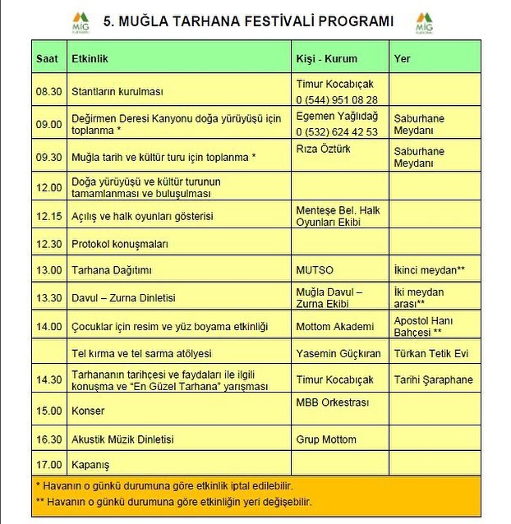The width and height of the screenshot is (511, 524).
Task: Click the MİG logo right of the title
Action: pos(424,22)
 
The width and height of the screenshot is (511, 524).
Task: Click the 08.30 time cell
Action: pos(49,92)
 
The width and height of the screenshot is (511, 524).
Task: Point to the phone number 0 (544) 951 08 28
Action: pos(337,100)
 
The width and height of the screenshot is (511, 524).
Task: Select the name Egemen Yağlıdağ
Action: pos(337,117)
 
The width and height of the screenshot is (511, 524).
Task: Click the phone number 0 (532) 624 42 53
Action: pos(337,132)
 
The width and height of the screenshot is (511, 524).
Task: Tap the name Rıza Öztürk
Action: pos(322,149)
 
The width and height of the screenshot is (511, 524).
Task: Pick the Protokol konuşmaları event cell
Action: pos(120,244)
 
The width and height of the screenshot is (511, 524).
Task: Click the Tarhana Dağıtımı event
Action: pos(112,270)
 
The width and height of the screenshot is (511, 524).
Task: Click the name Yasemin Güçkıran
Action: pos(338,353)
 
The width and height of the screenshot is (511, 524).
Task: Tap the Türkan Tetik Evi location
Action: pos(431,353)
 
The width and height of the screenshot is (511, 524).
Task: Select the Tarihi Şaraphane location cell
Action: pos(434,379)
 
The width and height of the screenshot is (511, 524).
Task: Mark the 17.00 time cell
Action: pos(49,463)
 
